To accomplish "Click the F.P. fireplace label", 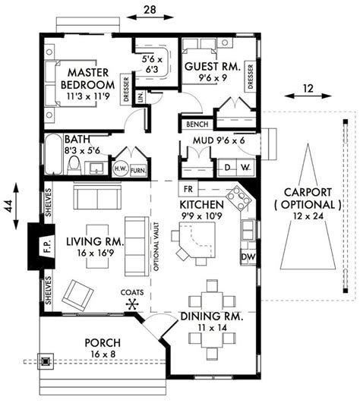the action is point(47,246).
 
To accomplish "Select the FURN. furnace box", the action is point(138,171).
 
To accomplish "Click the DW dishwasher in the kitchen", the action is point(248,257).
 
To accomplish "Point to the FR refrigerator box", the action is point(188,189).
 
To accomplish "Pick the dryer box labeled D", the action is point(227,168).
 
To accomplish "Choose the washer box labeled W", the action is point(245,168).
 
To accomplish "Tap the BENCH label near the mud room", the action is point(197,124).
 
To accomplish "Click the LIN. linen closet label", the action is point(141,97).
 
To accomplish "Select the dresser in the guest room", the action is point(251,77).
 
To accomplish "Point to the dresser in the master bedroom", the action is point(126,90).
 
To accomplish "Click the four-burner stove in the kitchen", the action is point(239,197).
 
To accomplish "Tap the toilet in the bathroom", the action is point(74,165).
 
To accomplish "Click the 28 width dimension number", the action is point(150,10).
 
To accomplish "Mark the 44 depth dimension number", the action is point(10,206).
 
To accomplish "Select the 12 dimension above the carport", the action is point(308,88).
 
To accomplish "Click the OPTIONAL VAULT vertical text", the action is point(156,247).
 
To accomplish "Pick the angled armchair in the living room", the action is point(77,295).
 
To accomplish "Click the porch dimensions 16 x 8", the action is point(103,354).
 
